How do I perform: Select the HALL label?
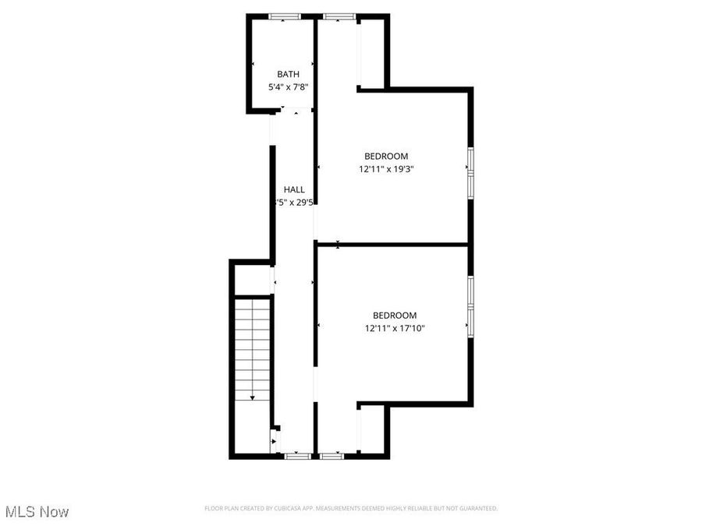[x=294, y=189]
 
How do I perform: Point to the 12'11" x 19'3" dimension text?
[x=386, y=168]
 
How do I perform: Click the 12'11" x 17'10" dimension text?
[x=395, y=328]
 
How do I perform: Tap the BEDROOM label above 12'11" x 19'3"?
[x=386, y=156]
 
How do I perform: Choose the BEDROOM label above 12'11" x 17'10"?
[x=395, y=316]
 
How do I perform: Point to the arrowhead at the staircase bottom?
[x=253, y=397]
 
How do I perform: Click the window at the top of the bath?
[x=285, y=16]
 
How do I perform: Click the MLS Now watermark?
[x=37, y=511]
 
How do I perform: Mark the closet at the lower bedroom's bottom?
[x=371, y=429]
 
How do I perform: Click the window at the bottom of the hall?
[x=296, y=455]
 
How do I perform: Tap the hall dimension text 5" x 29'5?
[x=294, y=202]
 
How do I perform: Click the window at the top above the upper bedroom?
[x=338, y=16]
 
